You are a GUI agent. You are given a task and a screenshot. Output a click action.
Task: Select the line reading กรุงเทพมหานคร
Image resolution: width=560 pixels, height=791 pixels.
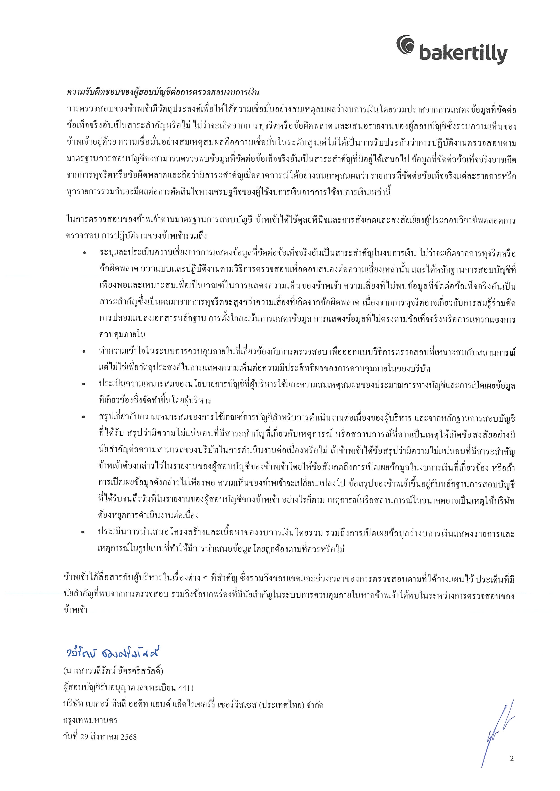[90, 720]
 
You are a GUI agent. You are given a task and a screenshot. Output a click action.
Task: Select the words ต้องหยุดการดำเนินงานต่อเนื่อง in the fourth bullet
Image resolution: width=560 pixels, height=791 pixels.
[148, 516]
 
